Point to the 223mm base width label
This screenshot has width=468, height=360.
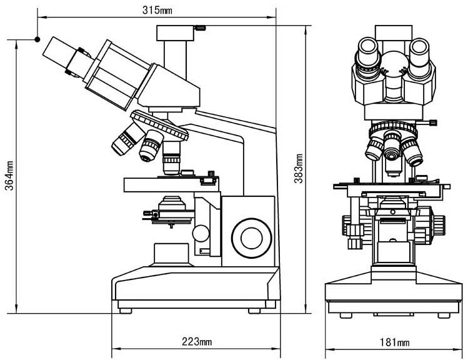click(x=196, y=342)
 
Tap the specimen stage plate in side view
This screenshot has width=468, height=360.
click(x=171, y=184)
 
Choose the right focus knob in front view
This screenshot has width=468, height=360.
click(x=437, y=225)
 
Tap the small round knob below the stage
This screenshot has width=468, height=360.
click(x=201, y=233)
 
